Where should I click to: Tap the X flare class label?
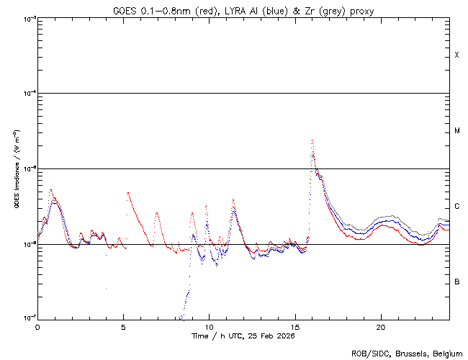coord(456,55)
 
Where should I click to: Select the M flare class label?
coord(456,131)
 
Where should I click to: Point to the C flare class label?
coord(456,207)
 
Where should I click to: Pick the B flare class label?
coord(456,282)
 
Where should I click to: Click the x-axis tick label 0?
coord(37,326)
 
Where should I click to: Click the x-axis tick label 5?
coord(123,326)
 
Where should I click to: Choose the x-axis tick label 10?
coord(209,326)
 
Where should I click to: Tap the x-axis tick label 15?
coord(295,326)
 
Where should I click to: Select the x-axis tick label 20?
coord(381,326)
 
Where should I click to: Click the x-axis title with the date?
coord(243,336)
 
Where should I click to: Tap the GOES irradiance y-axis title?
coord(16,169)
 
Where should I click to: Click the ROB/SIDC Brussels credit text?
coord(406,354)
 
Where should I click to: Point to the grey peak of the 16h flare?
coord(312,140)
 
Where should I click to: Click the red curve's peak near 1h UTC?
coord(50,190)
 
